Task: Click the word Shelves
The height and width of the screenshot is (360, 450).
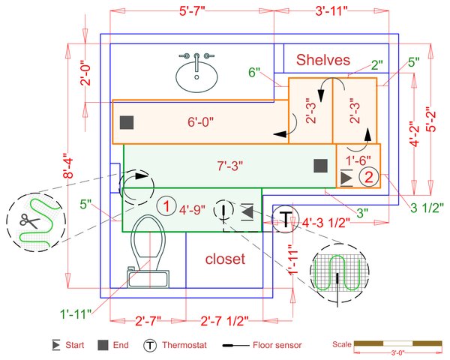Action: [x=322, y=60]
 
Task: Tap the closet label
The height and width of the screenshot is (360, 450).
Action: [x=225, y=259]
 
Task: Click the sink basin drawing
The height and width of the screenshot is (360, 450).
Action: [x=196, y=77]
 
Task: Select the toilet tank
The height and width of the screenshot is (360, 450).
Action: [x=148, y=278]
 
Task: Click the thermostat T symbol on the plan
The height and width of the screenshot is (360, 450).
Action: [x=286, y=219]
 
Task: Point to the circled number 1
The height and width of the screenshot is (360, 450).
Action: [x=166, y=205]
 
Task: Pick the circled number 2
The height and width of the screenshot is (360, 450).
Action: [x=369, y=176]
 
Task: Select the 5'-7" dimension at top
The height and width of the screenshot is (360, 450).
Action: [x=192, y=11]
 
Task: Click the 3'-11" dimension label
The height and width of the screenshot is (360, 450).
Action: [x=331, y=11]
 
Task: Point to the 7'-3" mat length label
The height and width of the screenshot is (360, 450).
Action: [x=230, y=166]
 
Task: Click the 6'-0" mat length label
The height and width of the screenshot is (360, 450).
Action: [x=200, y=121]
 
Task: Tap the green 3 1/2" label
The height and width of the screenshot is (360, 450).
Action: [x=427, y=208]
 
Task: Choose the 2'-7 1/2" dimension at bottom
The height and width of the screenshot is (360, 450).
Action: [x=224, y=321]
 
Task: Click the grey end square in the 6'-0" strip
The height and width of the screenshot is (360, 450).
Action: [x=127, y=122]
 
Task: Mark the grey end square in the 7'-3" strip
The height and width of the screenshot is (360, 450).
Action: [x=320, y=166]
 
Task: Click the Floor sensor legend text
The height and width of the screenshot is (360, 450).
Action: [x=277, y=345]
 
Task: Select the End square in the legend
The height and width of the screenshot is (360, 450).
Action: [x=103, y=345]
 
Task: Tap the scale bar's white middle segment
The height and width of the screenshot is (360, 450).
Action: [x=398, y=343]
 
